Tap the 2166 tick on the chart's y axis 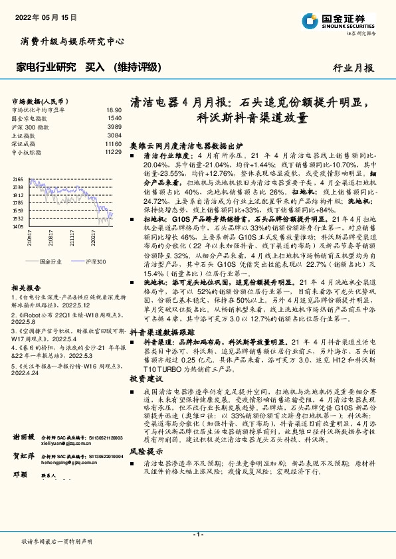pos(18,179)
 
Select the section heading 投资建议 pos(145,378)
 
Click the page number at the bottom pos(197,534)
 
